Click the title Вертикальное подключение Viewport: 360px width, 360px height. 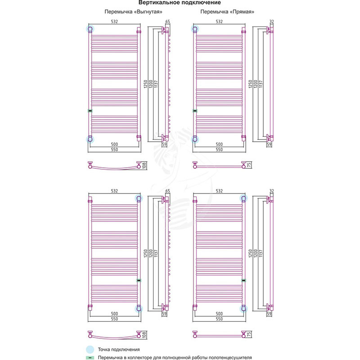[180, 3]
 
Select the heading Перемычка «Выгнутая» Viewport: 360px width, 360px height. [133, 12]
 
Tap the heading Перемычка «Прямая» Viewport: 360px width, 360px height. [227, 12]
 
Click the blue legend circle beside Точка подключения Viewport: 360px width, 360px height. [90, 350]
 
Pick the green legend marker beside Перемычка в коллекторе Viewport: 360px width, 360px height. [90, 358]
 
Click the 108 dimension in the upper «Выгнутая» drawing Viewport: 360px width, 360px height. [144, 166]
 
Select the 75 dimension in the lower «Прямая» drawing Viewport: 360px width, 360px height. [249, 334]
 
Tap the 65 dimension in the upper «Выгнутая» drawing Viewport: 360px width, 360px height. [167, 22]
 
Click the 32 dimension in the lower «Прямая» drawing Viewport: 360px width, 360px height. [272, 191]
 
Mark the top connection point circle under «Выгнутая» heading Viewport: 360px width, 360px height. [90, 29]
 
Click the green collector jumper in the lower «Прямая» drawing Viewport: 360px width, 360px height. [243, 280]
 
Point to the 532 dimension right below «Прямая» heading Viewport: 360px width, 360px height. [219, 22]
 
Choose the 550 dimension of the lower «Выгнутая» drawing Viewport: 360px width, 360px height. [114, 319]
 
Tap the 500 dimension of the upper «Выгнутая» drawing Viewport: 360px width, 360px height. [114, 144]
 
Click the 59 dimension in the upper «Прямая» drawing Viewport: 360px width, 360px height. [269, 144]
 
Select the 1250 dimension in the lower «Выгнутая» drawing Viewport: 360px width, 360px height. [145, 253]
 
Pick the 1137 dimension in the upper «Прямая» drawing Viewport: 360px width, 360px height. [261, 84]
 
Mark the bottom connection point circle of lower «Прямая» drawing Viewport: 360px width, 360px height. [243, 309]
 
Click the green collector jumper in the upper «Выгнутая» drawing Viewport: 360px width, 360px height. [90, 111]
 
